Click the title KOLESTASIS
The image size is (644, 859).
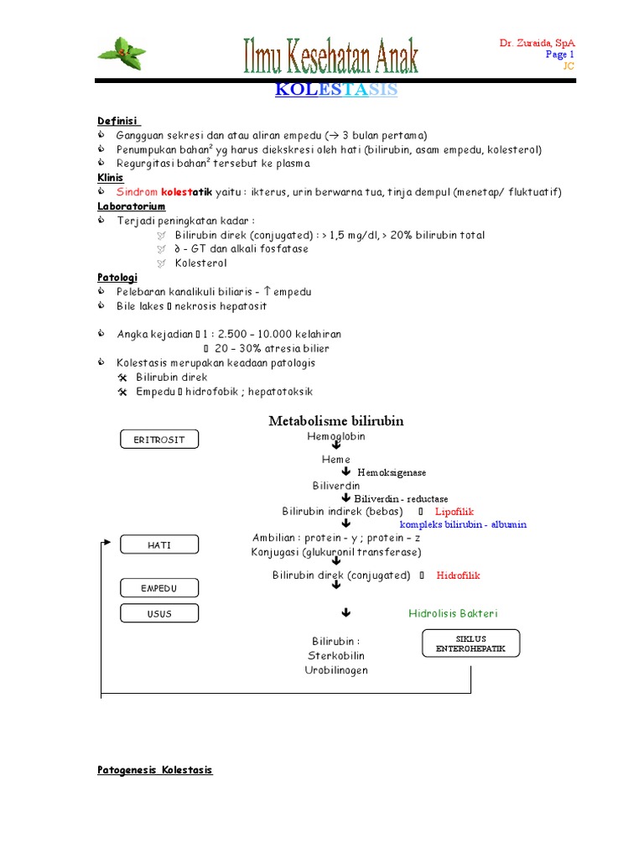point(336,90)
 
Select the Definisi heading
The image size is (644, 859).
point(118,121)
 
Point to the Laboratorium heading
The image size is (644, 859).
point(132,206)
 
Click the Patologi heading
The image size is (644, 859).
point(117,277)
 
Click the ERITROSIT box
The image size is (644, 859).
point(159,440)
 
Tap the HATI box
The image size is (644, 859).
point(159,544)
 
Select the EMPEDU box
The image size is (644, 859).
point(159,588)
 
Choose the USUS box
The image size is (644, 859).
point(159,614)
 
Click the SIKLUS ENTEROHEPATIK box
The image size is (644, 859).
point(470,643)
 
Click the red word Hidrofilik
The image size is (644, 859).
point(459,575)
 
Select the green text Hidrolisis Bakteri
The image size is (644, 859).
point(459,613)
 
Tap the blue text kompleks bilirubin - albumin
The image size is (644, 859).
point(463,524)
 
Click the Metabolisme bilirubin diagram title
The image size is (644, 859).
point(336,421)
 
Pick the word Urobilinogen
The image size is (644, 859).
point(335,670)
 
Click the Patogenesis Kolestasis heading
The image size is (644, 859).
point(155,769)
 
